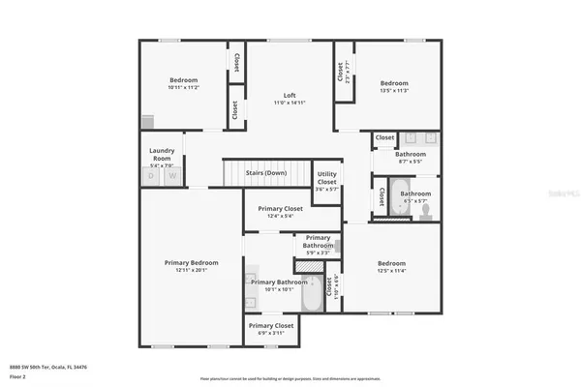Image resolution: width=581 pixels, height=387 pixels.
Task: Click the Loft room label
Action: point(290,97)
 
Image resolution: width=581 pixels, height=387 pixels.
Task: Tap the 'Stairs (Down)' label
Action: point(265,173)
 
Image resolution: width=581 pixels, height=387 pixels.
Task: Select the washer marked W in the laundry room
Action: point(173,176)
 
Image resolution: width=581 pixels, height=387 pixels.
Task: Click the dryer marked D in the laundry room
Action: point(150,176)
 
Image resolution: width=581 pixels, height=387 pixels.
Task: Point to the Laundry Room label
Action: point(161,154)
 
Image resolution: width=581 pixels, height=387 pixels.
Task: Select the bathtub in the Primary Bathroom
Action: point(313,294)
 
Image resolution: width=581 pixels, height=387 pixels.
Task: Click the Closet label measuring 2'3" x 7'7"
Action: point(341,72)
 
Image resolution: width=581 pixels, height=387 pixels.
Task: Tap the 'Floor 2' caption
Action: point(17,376)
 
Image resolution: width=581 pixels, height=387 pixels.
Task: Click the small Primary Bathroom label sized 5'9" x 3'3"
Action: point(318,242)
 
